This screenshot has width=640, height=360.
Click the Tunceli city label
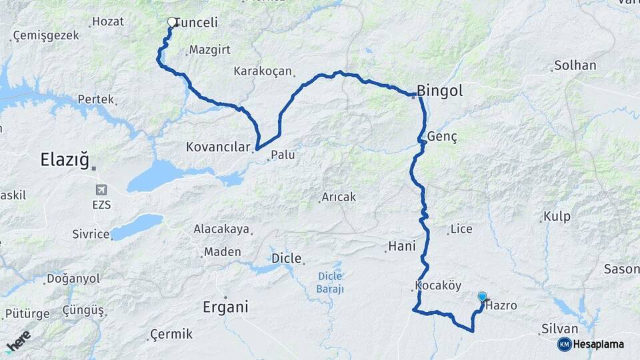pyautogui.click(x=197, y=23)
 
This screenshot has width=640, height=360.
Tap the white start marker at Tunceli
pyautogui.click(x=172, y=22)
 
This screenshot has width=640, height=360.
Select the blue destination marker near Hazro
pyautogui.click(x=482, y=297)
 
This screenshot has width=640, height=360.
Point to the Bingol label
pyautogui.click(x=439, y=91)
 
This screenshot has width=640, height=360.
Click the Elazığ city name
pyautogui.click(x=65, y=160)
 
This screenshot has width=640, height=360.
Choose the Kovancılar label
pyautogui.click(x=217, y=147)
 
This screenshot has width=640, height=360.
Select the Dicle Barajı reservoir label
pyautogui.click(x=329, y=282)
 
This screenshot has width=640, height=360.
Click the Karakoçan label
pyautogui.click(x=263, y=71)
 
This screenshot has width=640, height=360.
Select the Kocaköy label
pyautogui.click(x=438, y=285)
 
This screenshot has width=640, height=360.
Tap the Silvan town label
pyautogui.click(x=560, y=329)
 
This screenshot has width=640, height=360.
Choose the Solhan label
pyautogui.click(x=574, y=66)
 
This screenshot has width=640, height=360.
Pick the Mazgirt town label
pyautogui.click(x=209, y=50)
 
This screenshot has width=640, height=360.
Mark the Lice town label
pyautogui.click(x=461, y=229)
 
